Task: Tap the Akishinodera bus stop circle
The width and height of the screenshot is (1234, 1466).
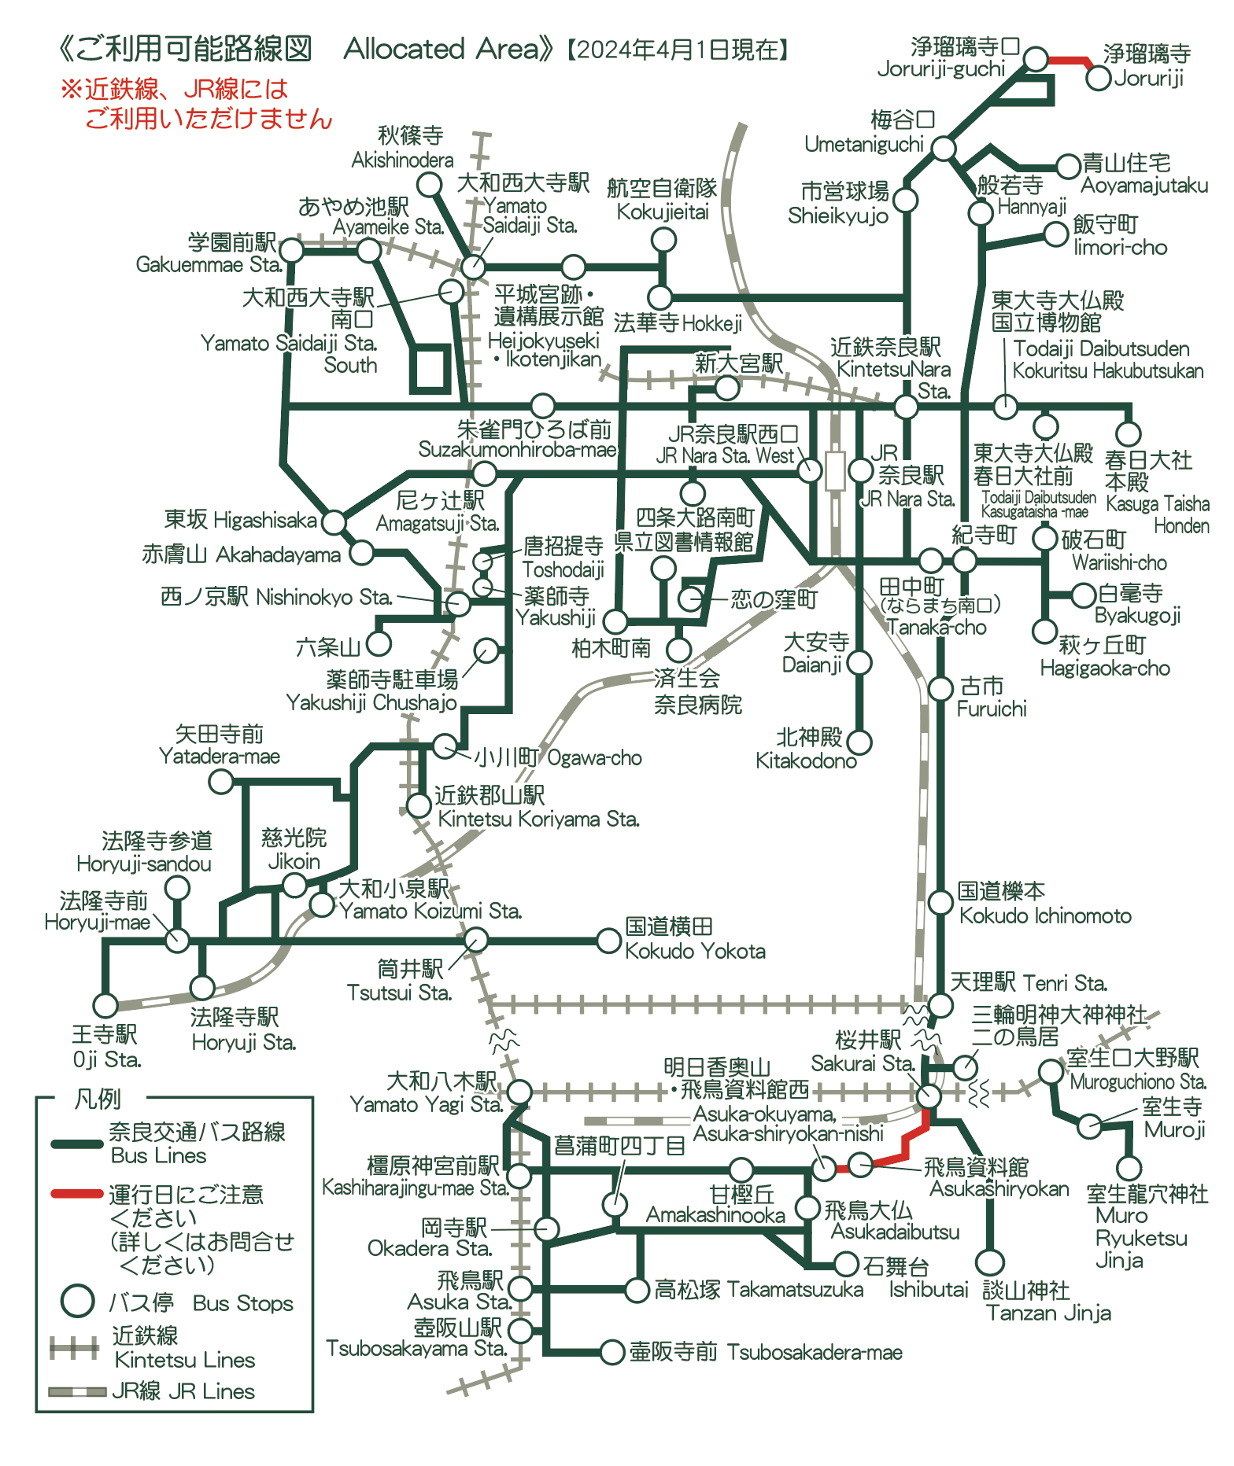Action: [429, 185]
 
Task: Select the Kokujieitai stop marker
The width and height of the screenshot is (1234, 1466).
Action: [663, 239]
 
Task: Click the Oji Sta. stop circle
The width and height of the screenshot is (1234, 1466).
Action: [105, 1004]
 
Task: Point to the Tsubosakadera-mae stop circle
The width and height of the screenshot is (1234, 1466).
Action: [611, 1352]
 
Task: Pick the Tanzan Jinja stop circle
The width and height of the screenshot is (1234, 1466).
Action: [990, 1262]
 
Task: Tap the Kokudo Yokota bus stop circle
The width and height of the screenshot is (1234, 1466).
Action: [608, 940]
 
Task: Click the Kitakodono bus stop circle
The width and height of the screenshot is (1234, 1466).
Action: [859, 742]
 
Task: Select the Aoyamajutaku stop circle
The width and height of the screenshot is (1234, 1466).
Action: [1068, 166]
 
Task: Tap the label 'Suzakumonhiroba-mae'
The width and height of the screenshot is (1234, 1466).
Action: [518, 449]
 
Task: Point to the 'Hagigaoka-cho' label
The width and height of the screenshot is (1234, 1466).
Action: [1105, 669]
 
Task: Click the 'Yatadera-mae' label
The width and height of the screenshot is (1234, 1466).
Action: [220, 757]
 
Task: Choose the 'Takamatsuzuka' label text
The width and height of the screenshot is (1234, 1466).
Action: [796, 1290]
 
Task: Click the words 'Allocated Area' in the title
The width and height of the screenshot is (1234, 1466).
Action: [442, 49]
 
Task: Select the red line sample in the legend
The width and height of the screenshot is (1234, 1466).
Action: [77, 1194]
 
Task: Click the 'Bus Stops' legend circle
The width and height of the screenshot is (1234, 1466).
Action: [78, 1301]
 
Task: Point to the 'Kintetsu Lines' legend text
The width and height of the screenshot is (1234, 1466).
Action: [185, 1360]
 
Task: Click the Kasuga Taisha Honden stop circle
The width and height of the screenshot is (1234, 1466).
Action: [1129, 433]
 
